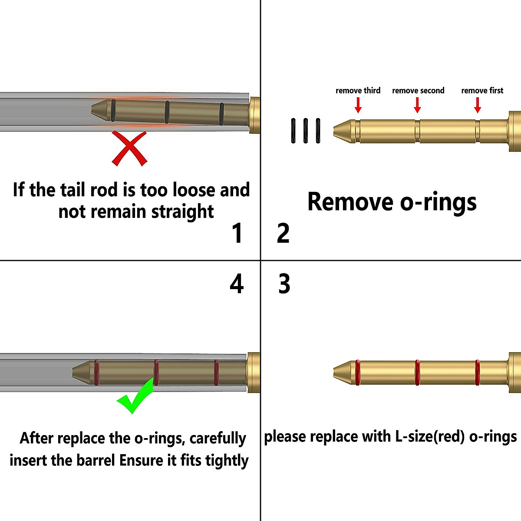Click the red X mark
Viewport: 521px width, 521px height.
129,148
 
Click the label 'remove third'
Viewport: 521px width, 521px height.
358,90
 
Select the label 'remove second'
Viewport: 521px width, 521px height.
418,90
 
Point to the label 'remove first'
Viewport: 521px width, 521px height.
482,90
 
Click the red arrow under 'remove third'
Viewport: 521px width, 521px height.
358,105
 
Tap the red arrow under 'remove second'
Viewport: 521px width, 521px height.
417,105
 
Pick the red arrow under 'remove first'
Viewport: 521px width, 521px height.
478,105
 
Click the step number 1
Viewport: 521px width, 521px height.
237,233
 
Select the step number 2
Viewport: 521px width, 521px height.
283,233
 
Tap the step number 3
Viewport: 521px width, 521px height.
284,284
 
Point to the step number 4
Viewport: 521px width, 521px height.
237,284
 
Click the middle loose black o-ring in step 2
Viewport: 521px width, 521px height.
306,131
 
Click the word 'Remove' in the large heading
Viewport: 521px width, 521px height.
350,202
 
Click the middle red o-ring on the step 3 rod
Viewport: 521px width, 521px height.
417,373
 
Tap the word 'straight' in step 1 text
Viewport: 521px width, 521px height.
182,212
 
